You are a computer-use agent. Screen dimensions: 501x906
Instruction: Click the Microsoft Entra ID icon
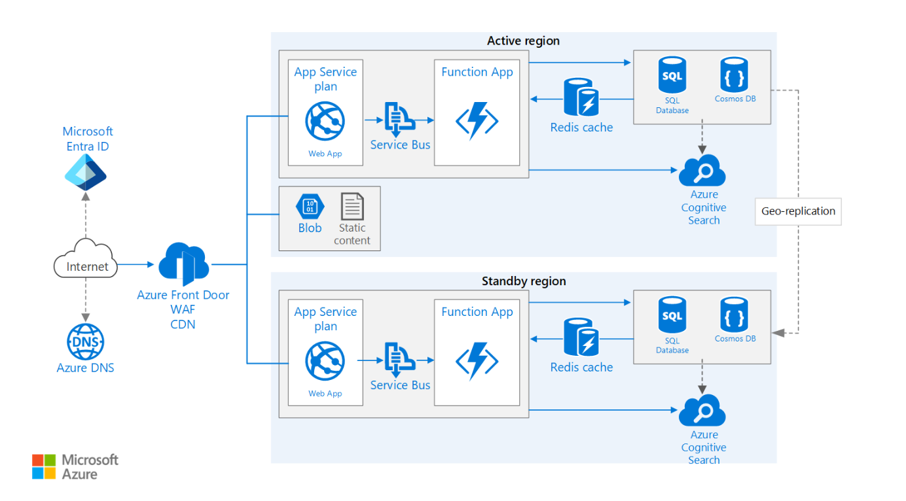pyautogui.click(x=86, y=172)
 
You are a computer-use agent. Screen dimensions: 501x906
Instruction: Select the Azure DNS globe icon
pyautogui.click(x=86, y=341)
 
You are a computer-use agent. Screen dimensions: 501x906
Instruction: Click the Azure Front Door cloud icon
pyautogui.click(x=183, y=264)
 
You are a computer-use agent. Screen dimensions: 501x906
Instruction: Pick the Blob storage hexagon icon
pyautogui.click(x=310, y=207)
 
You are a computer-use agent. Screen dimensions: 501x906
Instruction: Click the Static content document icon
pyautogui.click(x=352, y=207)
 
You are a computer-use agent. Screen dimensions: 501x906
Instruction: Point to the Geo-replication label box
pyautogui.click(x=798, y=211)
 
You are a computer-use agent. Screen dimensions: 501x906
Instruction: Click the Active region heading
pyautogui.click(x=523, y=41)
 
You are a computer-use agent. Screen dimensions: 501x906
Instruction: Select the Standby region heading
pyautogui.click(x=523, y=281)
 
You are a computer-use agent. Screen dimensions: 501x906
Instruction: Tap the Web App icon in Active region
pyautogui.click(x=325, y=122)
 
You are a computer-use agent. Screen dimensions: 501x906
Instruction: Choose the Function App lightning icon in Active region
pyautogui.click(x=477, y=121)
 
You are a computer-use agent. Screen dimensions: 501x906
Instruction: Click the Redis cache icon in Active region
pyautogui.click(x=581, y=98)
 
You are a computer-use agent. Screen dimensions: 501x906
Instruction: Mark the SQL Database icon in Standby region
pyautogui.click(x=672, y=315)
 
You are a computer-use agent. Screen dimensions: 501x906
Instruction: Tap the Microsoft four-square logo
pyautogui.click(x=45, y=466)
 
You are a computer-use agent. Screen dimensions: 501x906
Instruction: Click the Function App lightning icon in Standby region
pyautogui.click(x=477, y=361)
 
